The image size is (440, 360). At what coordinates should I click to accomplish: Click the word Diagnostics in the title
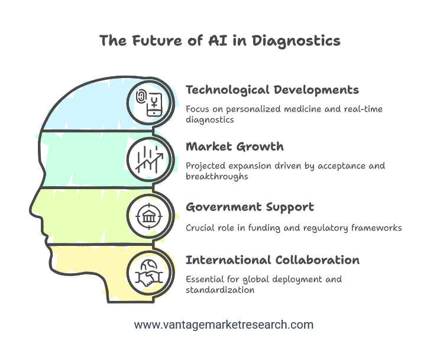click(296, 41)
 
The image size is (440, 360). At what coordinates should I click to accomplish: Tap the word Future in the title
click(157, 40)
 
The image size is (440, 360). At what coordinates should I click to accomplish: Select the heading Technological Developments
click(273, 90)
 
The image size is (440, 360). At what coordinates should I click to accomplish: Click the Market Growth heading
click(235, 147)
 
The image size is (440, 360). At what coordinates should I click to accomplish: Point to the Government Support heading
click(250, 207)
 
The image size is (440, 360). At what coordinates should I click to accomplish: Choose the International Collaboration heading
click(273, 260)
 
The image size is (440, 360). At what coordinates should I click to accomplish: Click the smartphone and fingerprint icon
click(149, 103)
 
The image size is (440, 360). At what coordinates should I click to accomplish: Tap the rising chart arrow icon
click(149, 159)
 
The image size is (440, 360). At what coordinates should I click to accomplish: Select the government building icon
click(149, 216)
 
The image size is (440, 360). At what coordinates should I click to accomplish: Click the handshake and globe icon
click(149, 273)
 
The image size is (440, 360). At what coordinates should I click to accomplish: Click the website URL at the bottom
click(224, 325)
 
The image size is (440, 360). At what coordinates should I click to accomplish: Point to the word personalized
click(254, 109)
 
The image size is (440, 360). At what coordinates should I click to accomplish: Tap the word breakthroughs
click(217, 177)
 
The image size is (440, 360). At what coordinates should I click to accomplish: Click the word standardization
click(220, 290)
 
